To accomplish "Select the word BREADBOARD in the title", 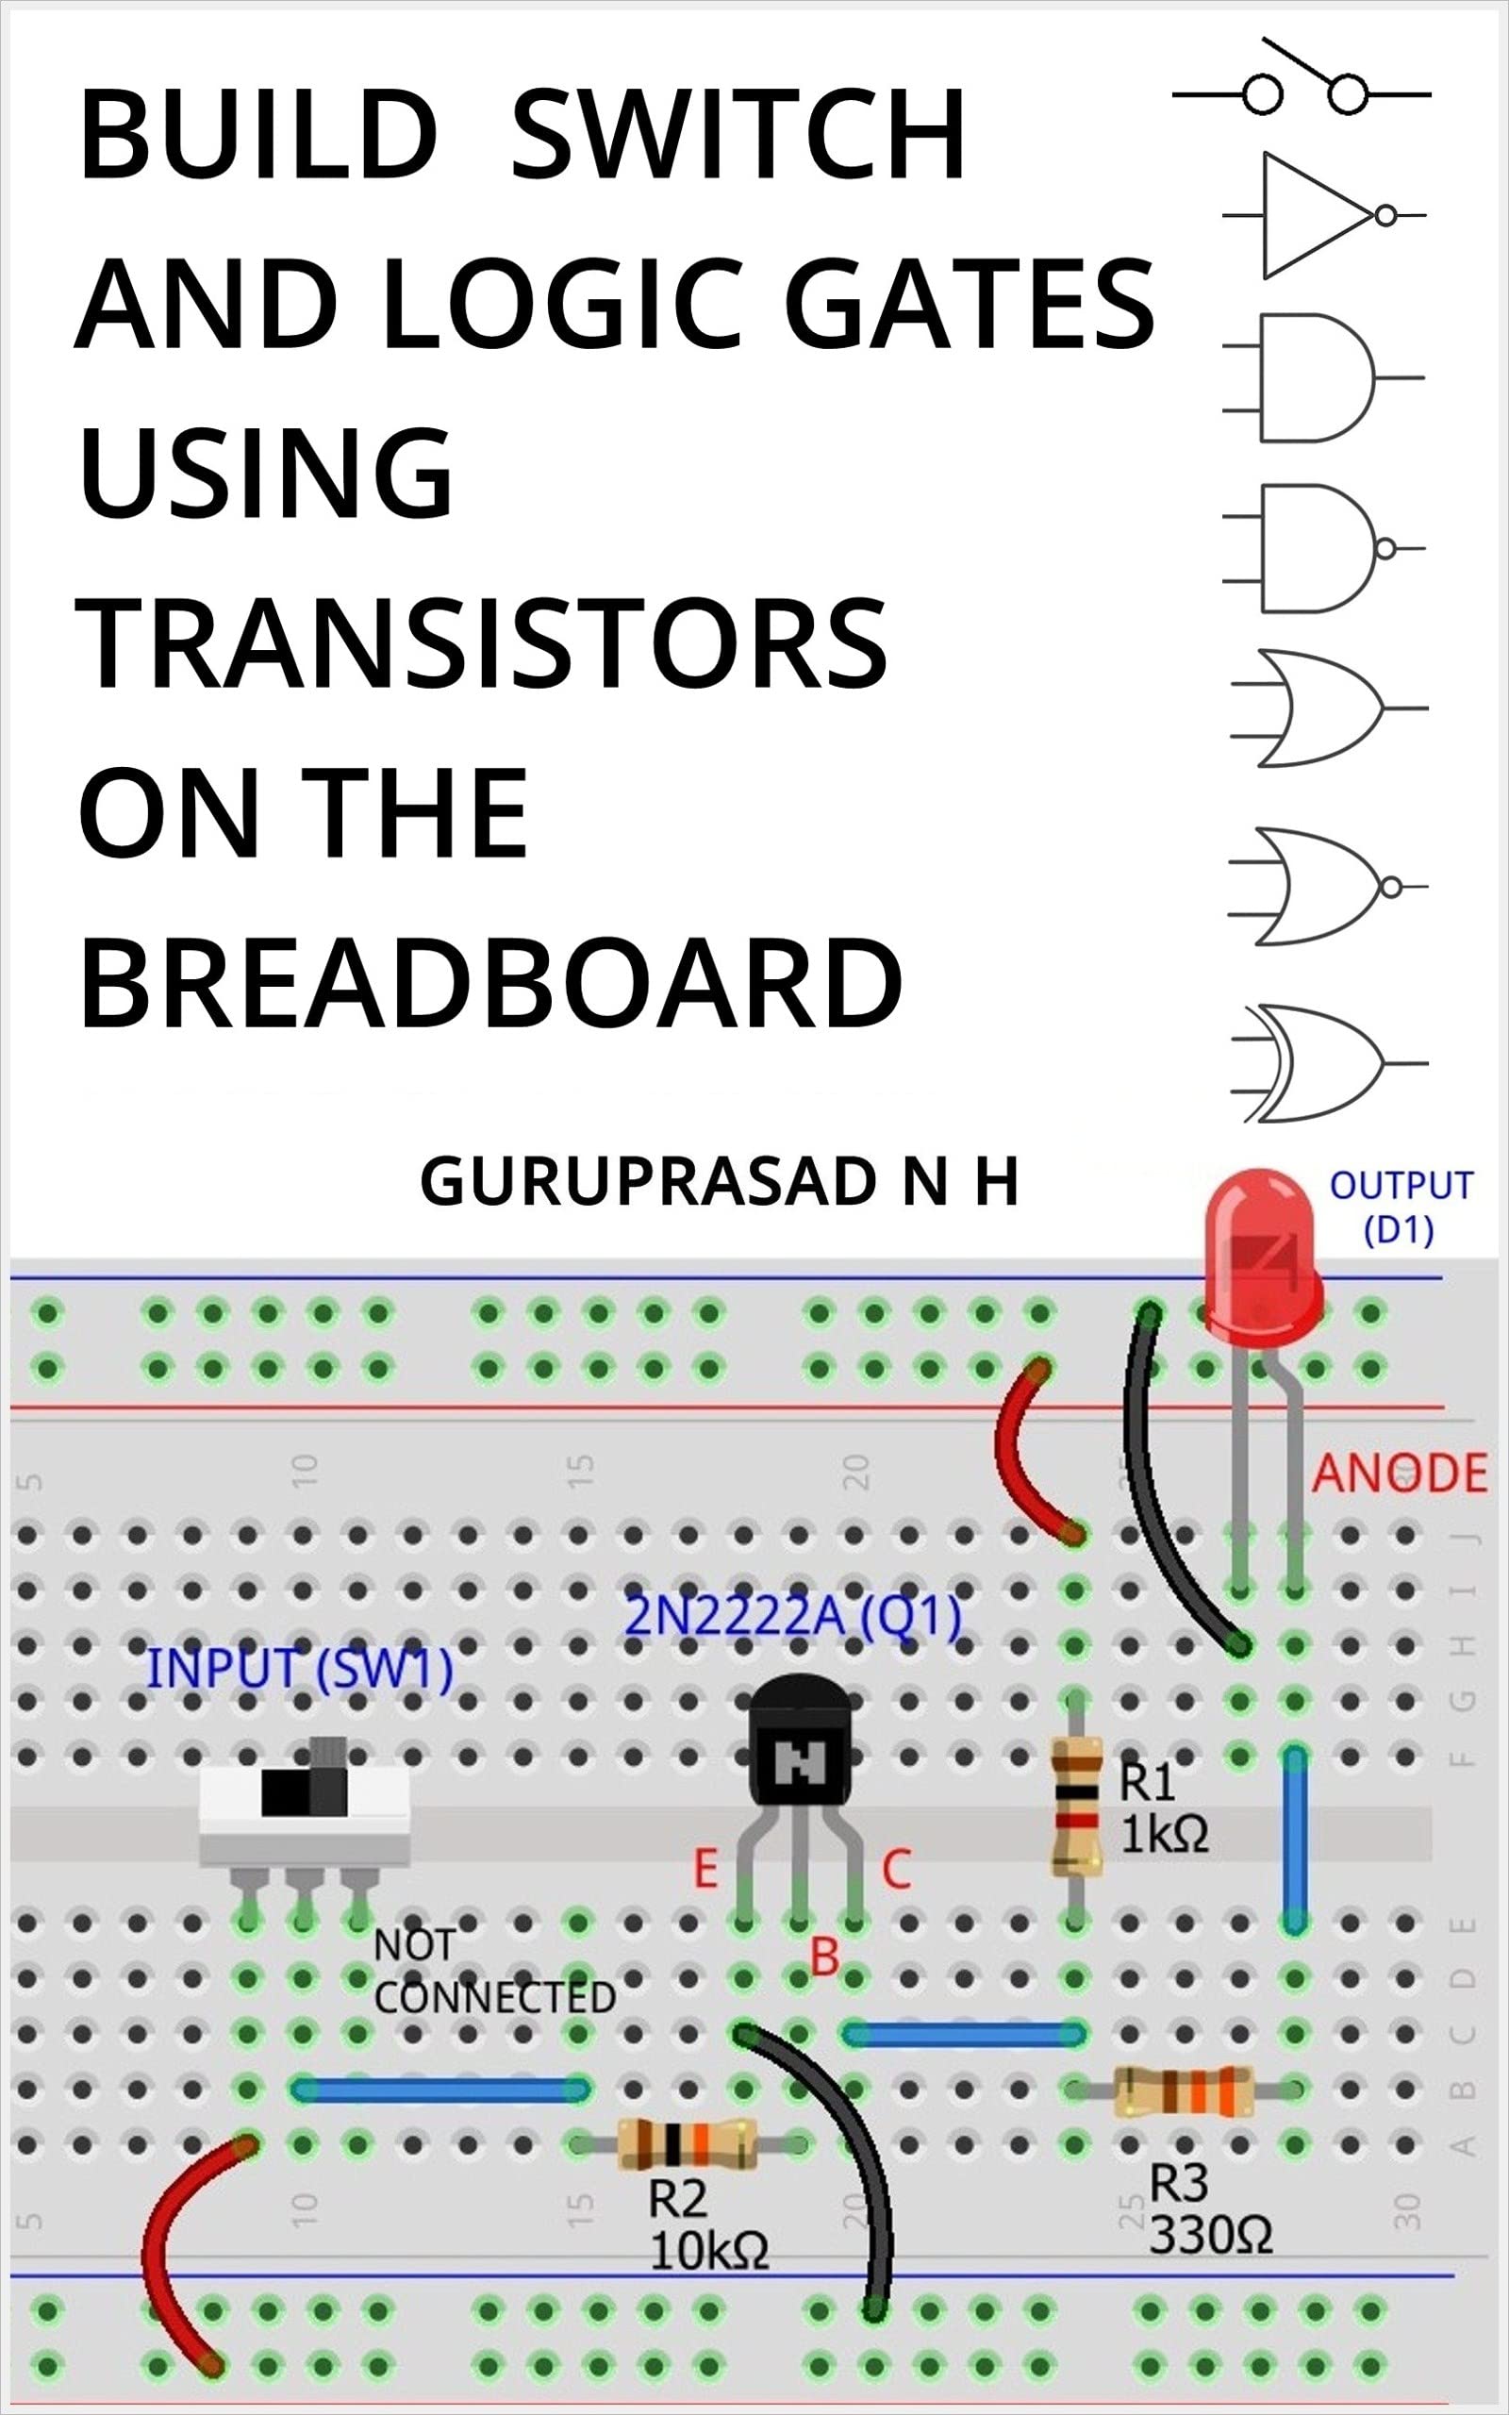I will tap(490, 983).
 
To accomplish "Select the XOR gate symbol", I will tap(1318, 1064).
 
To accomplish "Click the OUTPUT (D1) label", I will tap(1401, 1207).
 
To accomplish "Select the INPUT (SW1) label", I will tap(299, 1670).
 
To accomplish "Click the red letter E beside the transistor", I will tap(705, 1869).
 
